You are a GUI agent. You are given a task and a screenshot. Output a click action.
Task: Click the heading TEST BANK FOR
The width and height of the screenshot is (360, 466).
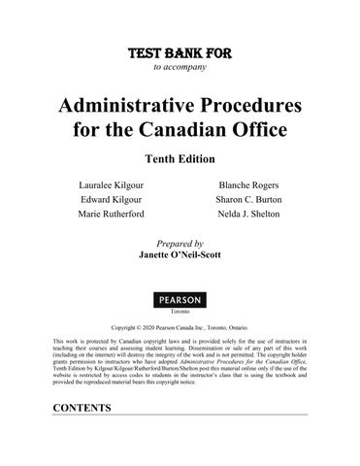pos(180,51)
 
